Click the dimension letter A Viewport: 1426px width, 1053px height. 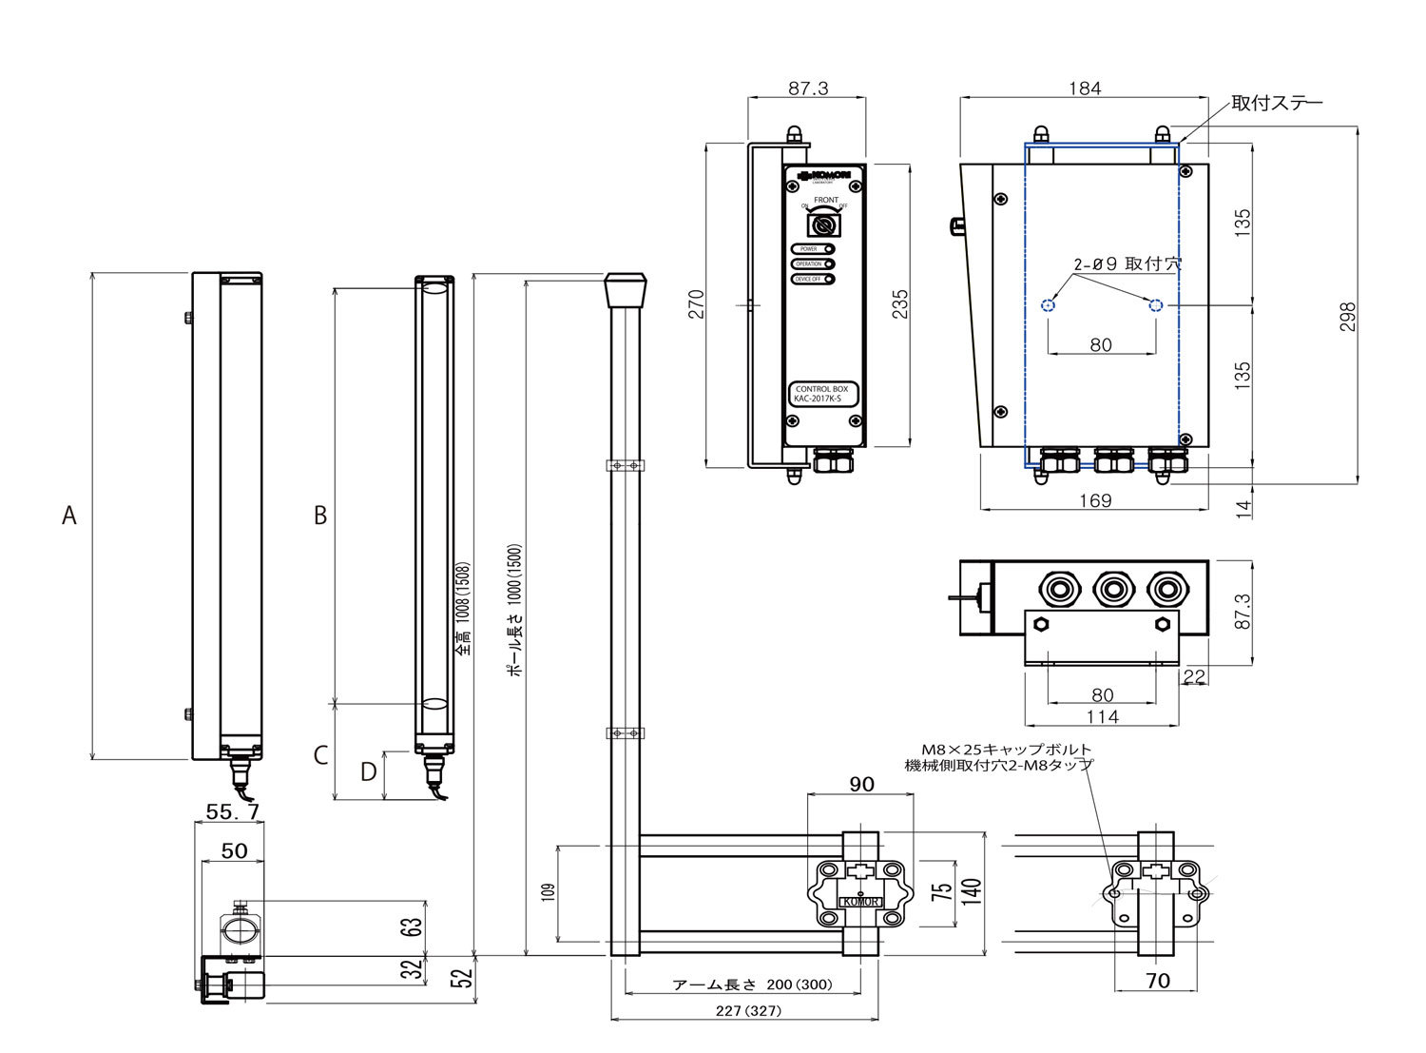[68, 516]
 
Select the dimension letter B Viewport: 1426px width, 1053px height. [320, 515]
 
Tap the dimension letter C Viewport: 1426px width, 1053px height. [320, 755]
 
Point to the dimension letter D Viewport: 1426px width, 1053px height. [369, 771]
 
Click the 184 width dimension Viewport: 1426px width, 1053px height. [1085, 88]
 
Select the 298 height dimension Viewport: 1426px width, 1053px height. [1347, 316]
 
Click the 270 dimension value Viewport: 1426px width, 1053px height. [698, 303]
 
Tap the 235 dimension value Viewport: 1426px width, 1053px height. [899, 303]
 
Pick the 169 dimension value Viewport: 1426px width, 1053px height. [1095, 500]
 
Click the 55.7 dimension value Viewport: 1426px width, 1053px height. [233, 811]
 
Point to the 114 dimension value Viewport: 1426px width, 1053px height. [1102, 716]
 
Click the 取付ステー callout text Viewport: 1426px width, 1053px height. [1276, 103]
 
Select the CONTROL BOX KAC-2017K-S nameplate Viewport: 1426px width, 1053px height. [822, 394]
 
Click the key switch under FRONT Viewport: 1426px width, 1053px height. [824, 225]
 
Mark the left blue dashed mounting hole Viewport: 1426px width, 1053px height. [1048, 305]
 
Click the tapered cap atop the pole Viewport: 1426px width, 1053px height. [626, 288]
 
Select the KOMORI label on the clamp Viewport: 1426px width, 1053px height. [860, 902]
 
